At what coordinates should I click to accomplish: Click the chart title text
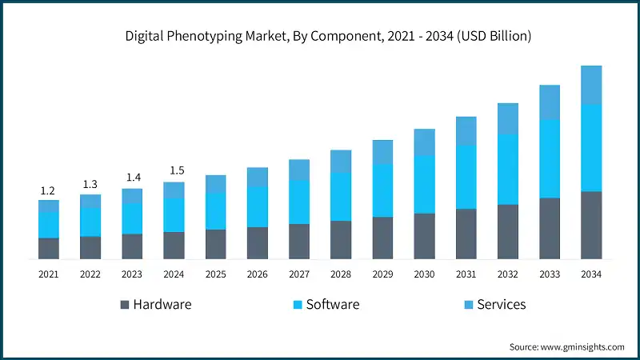click(x=320, y=36)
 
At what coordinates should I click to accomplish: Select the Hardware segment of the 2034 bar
click(x=591, y=225)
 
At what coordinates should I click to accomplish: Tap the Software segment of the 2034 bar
click(x=591, y=148)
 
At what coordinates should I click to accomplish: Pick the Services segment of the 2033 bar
click(x=550, y=102)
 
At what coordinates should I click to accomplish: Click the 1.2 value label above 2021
click(x=48, y=190)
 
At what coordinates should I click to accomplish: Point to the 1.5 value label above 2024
click(x=174, y=171)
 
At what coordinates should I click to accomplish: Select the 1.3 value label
click(x=90, y=185)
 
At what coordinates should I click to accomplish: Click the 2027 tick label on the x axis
click(x=299, y=274)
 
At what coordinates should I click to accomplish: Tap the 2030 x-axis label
click(x=424, y=274)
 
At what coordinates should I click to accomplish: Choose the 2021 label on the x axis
click(x=48, y=274)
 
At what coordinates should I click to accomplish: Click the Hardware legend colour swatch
click(x=124, y=305)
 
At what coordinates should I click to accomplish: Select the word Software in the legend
click(x=332, y=305)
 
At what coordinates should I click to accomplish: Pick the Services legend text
click(x=501, y=305)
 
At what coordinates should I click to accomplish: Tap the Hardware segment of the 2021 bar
click(x=49, y=248)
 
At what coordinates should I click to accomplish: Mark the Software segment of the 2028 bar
click(x=341, y=197)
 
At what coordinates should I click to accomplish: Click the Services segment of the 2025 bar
click(x=216, y=184)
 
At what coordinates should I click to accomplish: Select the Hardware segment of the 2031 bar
click(x=466, y=234)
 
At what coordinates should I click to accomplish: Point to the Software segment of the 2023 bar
click(x=132, y=218)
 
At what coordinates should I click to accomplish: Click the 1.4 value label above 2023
click(x=132, y=178)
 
